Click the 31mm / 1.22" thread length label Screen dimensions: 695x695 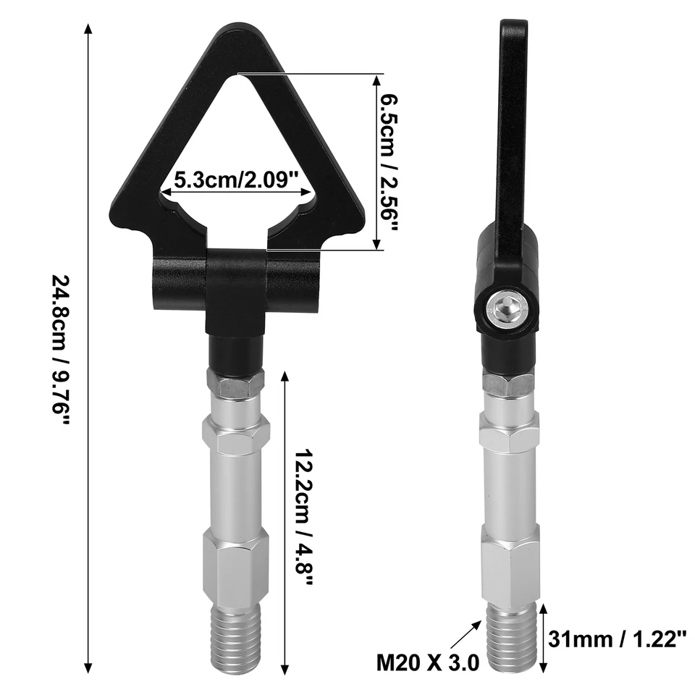click(617, 639)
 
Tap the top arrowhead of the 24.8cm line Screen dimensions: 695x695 click(88, 29)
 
